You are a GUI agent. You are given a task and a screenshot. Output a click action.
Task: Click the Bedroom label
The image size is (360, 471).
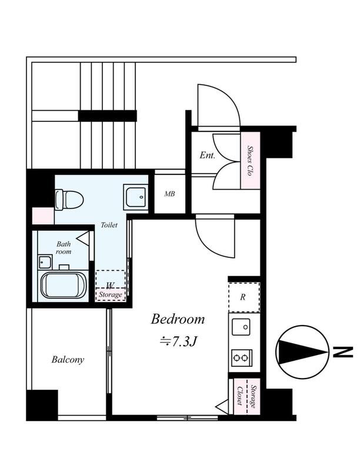point(178,319)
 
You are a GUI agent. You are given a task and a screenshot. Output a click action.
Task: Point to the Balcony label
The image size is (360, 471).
point(68,360)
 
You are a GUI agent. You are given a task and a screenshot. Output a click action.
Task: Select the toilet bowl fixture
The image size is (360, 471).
point(69,200)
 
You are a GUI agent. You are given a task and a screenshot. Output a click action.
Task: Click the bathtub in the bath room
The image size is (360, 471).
point(64,285)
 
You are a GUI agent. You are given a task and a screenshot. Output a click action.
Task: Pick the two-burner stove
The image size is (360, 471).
point(242,358)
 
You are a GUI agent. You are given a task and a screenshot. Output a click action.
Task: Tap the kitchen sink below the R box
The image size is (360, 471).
point(241,327)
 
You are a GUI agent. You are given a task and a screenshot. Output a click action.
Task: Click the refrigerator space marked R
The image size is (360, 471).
point(244,297)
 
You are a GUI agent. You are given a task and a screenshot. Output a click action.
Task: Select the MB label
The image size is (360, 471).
point(169,194)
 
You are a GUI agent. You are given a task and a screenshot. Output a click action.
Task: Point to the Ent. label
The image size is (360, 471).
point(208,155)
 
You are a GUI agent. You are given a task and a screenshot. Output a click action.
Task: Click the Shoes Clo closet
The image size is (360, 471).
point(250,160)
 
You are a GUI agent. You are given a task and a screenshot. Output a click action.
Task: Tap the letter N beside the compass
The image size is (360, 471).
point(342,351)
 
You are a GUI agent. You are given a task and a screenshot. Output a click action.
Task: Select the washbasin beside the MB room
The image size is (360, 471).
point(136,197)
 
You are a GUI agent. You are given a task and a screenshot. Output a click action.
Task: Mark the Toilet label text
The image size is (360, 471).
point(109,225)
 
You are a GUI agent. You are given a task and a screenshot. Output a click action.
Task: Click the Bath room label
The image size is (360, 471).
point(64,248)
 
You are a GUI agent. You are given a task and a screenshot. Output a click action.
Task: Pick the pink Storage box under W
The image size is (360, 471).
point(111,294)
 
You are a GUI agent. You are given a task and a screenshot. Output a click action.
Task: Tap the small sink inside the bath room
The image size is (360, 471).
point(45,262)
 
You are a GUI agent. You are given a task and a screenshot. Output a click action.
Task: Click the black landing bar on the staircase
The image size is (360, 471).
point(108,116)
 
